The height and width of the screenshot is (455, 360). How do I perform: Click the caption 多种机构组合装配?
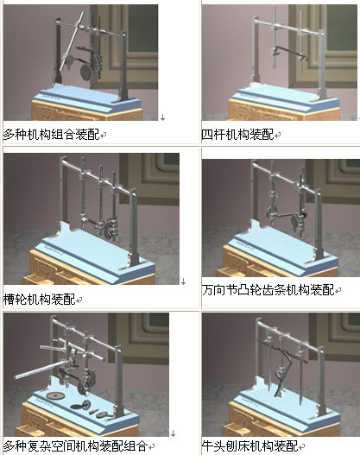pos(51,135)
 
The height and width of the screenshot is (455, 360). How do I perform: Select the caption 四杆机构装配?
pos(237,135)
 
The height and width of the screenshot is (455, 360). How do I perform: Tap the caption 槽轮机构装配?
pos(39,300)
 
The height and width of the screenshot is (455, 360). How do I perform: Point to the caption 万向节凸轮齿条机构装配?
pos(268,290)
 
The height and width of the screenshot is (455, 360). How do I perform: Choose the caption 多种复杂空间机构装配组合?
pos(75,446)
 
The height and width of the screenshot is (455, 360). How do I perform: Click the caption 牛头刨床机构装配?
pos(249,446)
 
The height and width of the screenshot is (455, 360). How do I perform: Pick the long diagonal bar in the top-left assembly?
pos(72,41)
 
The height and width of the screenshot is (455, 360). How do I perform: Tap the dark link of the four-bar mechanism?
pos(291,52)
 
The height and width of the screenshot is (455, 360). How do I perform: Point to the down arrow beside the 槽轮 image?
pos(183,281)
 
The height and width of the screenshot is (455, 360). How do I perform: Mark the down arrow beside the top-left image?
pos(163,117)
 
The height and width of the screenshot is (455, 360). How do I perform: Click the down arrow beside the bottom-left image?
pos(173,433)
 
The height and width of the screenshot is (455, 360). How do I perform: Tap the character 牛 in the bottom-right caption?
pos(208,446)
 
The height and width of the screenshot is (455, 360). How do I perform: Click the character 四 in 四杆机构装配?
pos(207,135)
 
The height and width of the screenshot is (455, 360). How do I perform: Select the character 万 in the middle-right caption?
pos(208,290)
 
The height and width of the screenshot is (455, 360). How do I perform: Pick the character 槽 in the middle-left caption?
pos(9,300)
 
